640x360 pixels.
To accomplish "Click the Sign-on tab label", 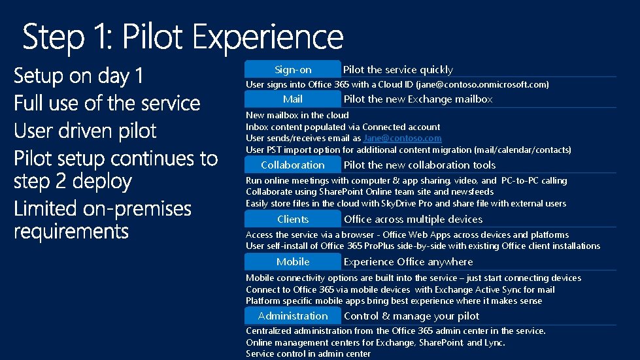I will [x=293, y=69].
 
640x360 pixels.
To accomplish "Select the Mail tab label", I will [x=293, y=99].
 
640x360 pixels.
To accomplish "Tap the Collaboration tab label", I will [x=293, y=165].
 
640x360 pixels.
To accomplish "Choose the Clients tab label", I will [x=293, y=220].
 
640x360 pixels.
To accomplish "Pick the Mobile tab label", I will [x=293, y=262].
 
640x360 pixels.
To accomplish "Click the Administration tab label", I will [x=293, y=316].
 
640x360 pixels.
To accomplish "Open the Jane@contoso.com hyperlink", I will [x=402, y=139].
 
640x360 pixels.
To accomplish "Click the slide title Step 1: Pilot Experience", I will [x=183, y=37].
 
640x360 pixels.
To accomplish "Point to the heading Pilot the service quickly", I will [x=397, y=70].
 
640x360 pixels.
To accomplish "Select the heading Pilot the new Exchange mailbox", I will [x=418, y=99].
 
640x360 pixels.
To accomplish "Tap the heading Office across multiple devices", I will [x=413, y=220].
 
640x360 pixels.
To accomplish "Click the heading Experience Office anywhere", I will [x=408, y=262].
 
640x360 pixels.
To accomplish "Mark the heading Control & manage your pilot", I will [x=411, y=316].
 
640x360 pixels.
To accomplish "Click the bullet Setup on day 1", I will [x=78, y=76].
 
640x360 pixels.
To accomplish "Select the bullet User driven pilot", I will [x=85, y=131].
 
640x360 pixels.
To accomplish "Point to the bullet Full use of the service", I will [x=107, y=103].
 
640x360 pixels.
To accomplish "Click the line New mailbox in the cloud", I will [x=297, y=115].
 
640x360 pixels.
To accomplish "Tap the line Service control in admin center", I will [x=308, y=353].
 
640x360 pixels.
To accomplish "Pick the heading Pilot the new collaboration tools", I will [x=419, y=165].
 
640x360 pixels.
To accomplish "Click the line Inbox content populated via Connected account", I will [x=343, y=127].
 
